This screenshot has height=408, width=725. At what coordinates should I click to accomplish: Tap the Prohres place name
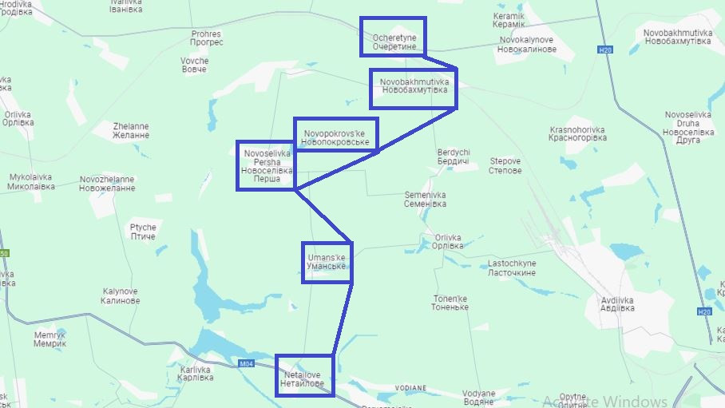[206, 38]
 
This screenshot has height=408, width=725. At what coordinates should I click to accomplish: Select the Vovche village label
[194, 65]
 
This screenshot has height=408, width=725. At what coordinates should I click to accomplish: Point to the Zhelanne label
[131, 130]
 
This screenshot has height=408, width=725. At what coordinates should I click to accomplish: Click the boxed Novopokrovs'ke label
[335, 137]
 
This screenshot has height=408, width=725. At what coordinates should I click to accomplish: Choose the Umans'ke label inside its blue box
[326, 262]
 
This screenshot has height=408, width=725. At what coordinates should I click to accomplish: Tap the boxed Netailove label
[303, 379]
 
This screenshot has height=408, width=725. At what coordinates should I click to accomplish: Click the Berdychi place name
[454, 156]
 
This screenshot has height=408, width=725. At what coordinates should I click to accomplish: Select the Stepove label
[505, 166]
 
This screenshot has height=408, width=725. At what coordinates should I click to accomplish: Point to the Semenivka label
[426, 199]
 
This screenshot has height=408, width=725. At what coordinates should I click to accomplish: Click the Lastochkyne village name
[512, 267]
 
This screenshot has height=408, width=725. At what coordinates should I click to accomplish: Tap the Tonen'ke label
[450, 303]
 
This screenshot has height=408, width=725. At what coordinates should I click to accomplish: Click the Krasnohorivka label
[577, 133]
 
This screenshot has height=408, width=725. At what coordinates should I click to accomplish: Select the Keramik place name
[509, 21]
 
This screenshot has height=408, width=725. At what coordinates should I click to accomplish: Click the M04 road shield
[248, 365]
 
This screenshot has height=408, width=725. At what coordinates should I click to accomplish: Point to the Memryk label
[50, 339]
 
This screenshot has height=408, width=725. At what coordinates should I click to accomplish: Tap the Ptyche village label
[143, 232]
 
